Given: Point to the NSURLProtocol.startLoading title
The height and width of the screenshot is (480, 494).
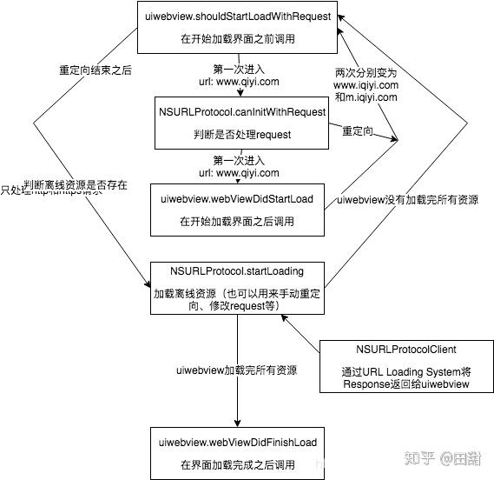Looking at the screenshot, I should pyautogui.click(x=236, y=271).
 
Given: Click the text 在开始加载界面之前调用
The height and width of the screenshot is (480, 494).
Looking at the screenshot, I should pyautogui.click(x=236, y=40).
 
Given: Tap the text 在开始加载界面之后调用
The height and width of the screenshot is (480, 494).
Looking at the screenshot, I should pyautogui.click(x=236, y=222).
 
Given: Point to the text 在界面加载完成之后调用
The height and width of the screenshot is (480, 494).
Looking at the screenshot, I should pyautogui.click(x=236, y=465).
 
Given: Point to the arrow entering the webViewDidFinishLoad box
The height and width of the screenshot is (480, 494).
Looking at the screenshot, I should pyautogui.click(x=237, y=414).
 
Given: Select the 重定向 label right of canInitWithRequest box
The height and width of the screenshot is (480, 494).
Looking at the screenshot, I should pyautogui.click(x=359, y=130).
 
